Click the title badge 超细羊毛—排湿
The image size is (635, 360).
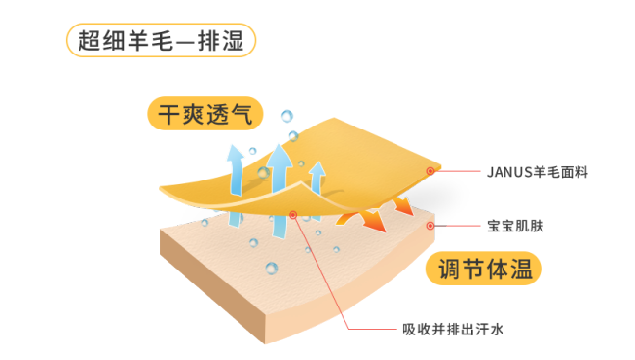click(x=161, y=40)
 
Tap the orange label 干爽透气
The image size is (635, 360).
click(x=206, y=113)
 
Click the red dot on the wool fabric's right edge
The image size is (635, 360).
click(x=430, y=171)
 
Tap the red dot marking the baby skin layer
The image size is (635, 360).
click(x=430, y=226)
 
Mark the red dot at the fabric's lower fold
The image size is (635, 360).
click(x=293, y=214)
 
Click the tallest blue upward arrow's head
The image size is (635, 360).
click(x=280, y=153)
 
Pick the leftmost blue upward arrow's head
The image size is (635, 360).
click(x=236, y=153)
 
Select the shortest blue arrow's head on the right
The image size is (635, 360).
click(x=316, y=172)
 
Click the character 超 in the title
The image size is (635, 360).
click(x=86, y=40)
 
